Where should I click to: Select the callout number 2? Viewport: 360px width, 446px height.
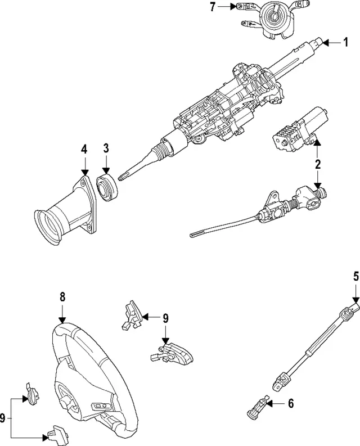[317, 164]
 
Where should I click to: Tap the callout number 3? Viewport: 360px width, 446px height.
[106, 149]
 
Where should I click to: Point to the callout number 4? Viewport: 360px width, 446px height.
[84, 149]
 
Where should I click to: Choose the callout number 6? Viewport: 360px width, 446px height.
[290, 403]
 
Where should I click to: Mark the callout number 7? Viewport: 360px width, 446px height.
[212, 7]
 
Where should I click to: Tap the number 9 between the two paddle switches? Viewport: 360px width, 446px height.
[165, 318]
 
